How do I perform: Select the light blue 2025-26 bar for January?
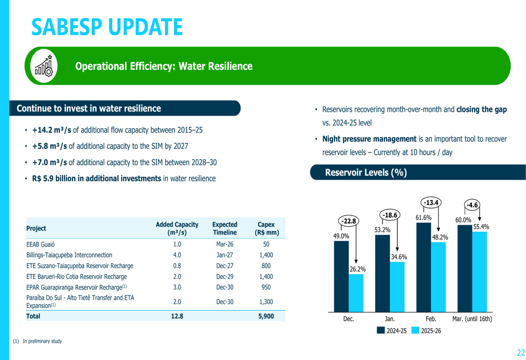tap(397, 286)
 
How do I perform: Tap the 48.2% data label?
tap(440, 237)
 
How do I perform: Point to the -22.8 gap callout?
tap(348, 222)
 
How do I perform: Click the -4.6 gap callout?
tap(472, 205)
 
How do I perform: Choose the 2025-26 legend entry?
tap(426, 331)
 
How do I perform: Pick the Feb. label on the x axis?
tap(431, 318)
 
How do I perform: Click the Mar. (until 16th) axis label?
tap(472, 318)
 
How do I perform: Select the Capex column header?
tap(266, 228)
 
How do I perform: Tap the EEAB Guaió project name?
tap(41, 244)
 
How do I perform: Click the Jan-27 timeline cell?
tap(225, 255)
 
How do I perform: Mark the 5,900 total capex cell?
tap(266, 316)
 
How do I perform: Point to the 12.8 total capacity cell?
tap(177, 316)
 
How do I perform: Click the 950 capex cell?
tap(266, 287)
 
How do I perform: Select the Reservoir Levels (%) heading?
tap(366, 172)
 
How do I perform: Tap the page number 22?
tap(521, 353)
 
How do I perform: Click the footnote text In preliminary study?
tap(42, 341)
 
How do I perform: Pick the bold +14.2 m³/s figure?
tap(52, 130)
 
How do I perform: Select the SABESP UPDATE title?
tap(107, 27)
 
